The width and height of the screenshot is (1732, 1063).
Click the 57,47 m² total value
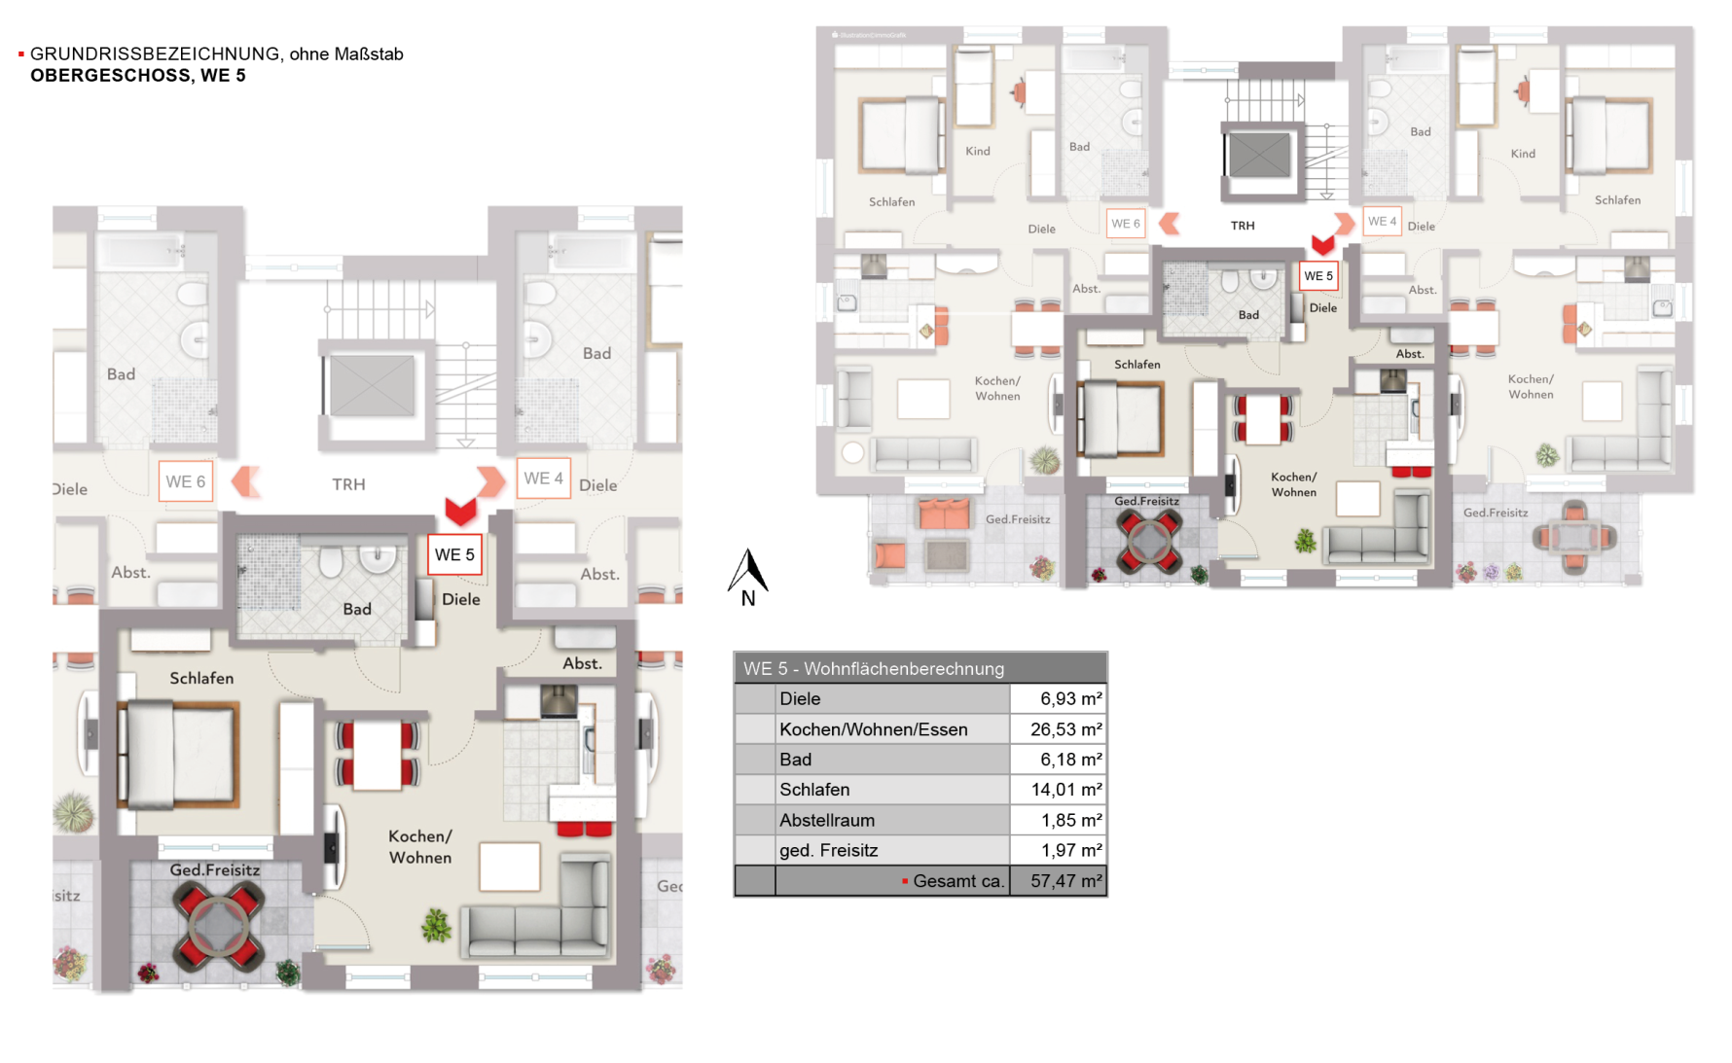coord(1065,881)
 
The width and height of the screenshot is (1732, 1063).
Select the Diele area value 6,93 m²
coord(1070,698)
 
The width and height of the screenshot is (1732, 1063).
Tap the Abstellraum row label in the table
coord(827,820)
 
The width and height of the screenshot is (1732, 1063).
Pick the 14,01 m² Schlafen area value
coord(1066,790)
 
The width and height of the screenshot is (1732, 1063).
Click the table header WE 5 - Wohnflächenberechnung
coord(873,668)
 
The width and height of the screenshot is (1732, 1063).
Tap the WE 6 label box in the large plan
coord(185,481)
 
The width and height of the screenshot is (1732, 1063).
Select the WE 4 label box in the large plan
coord(543,478)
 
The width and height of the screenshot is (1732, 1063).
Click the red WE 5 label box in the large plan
coord(454,554)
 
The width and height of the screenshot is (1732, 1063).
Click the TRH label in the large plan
coord(348,484)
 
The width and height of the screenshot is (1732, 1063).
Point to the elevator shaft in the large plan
coord(372,385)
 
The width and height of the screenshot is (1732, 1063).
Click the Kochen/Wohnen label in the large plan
coord(420,846)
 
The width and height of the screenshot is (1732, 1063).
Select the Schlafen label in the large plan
coord(201,678)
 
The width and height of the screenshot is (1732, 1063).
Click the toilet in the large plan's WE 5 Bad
coord(330,561)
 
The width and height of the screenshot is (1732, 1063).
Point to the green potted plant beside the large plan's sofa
coord(436,925)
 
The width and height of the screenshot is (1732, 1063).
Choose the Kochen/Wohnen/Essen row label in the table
coord(873,729)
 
